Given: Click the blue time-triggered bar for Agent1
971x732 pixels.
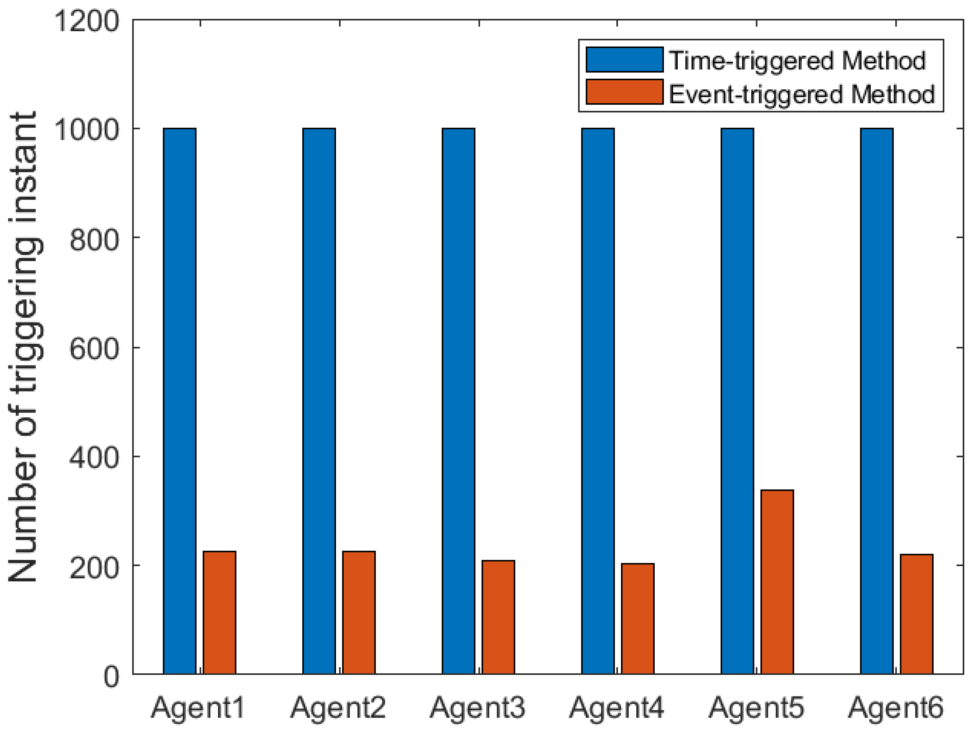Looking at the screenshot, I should pyautogui.click(x=179, y=401).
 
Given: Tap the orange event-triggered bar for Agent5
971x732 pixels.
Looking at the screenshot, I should pyautogui.click(x=777, y=581).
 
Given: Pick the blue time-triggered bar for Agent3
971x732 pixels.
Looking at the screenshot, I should pyautogui.click(x=458, y=401).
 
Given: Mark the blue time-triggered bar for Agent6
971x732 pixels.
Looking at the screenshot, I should pyautogui.click(x=877, y=401).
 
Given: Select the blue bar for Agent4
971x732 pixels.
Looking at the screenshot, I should pyautogui.click(x=598, y=401).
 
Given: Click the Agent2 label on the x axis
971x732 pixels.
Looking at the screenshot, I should pyautogui.click(x=338, y=708).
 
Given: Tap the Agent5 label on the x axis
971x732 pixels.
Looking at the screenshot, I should pyautogui.click(x=756, y=708).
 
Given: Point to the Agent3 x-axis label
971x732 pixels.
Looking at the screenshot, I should pyautogui.click(x=478, y=708).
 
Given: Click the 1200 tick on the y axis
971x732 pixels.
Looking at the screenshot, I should pyautogui.click(x=87, y=21).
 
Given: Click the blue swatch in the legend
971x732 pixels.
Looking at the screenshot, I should pyautogui.click(x=624, y=60).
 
